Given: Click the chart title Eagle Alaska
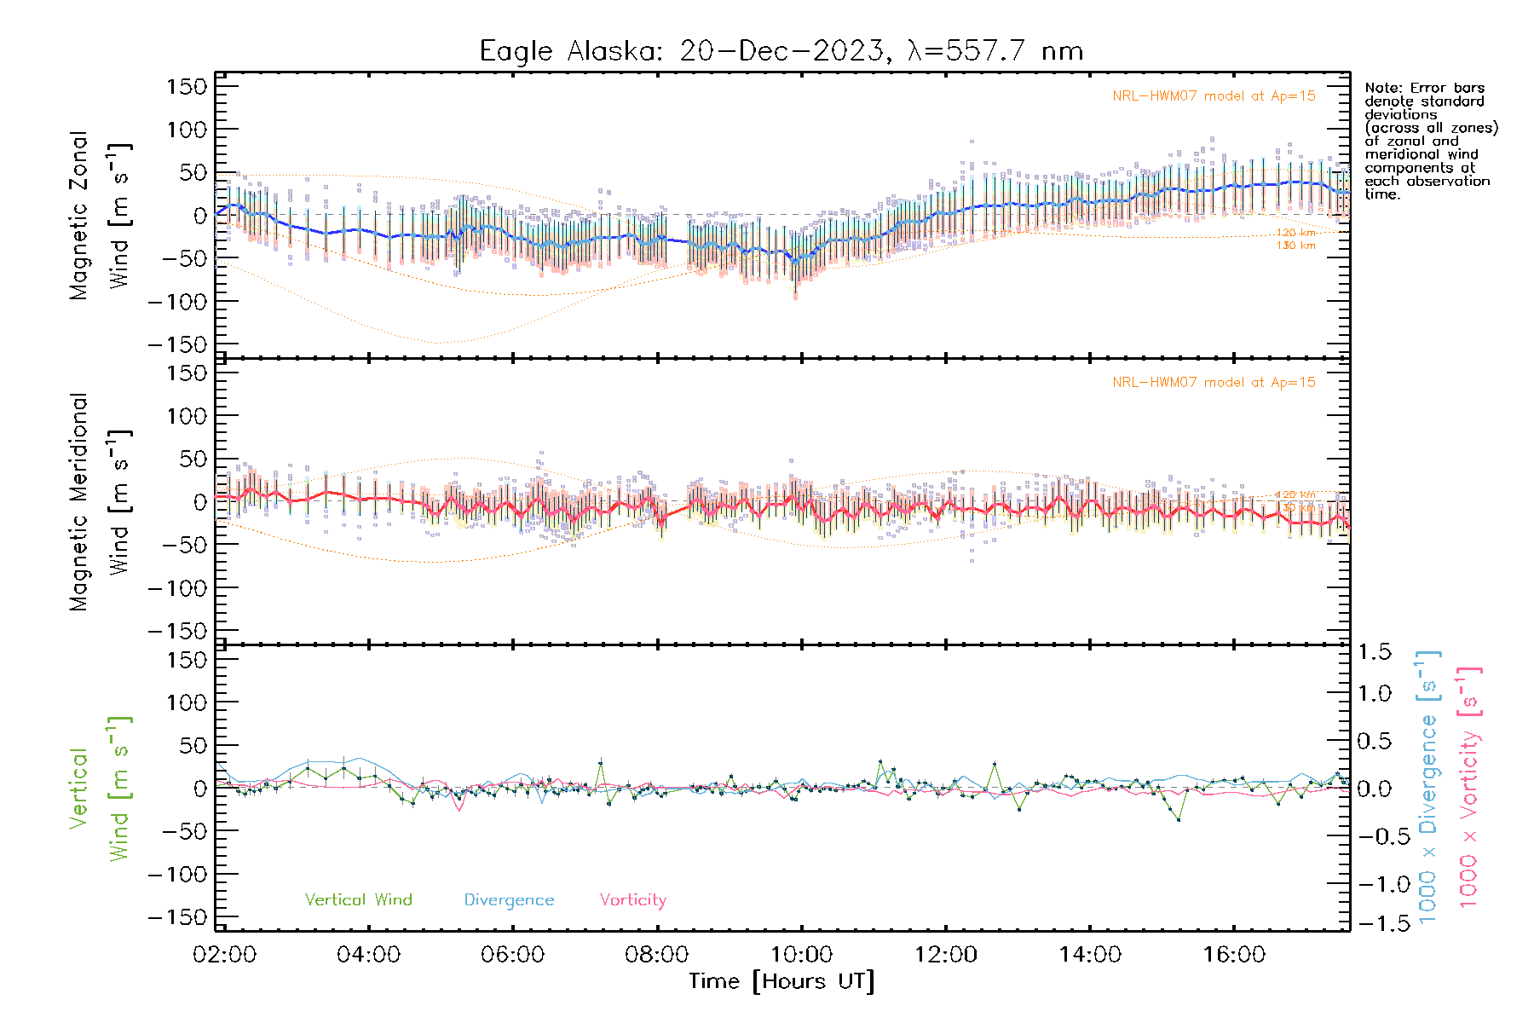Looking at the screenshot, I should coord(781,51).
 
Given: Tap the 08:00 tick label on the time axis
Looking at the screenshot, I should coord(656,954).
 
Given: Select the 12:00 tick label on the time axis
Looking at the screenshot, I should coord(945,954).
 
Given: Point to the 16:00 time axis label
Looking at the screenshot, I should coord(1234,954).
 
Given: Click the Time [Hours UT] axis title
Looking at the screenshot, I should coord(781,981).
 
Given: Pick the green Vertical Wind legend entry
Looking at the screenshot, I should coord(358,899).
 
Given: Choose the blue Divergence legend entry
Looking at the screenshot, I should coord(509,899).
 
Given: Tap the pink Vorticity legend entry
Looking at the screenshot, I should coord(632,899).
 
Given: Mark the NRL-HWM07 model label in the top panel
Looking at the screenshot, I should coord(1214,96).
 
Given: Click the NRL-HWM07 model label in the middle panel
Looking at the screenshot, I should coord(1214,383).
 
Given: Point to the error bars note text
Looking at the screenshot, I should coord(1430,141).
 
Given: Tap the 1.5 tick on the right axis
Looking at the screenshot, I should coord(1374,652).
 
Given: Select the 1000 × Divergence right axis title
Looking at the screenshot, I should coord(1428,787).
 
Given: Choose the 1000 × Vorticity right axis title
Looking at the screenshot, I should coord(1469,787).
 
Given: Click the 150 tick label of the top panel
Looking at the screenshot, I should coord(187,86).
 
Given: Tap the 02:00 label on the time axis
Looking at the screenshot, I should coord(224,954).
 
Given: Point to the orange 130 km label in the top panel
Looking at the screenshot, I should coord(1295,246).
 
